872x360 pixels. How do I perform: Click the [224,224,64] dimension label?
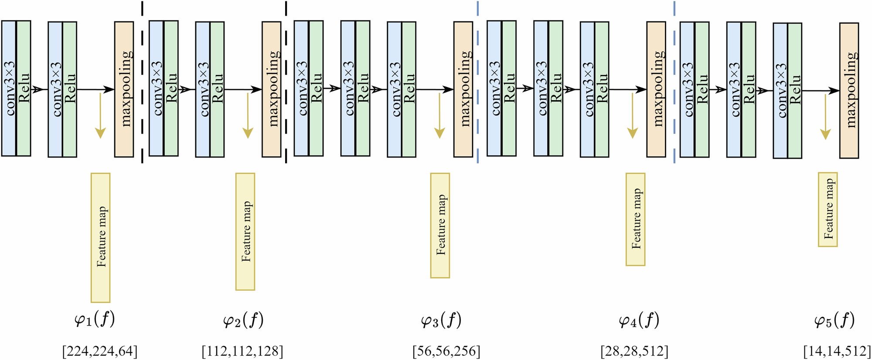[100, 351]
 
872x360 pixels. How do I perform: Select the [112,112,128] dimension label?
[242, 351]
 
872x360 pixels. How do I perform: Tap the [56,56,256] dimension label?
[446, 351]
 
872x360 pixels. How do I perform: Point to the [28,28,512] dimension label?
[634, 351]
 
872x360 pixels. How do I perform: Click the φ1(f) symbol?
[95, 320]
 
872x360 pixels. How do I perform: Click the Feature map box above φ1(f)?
[100, 238]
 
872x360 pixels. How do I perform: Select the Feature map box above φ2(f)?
[245, 231]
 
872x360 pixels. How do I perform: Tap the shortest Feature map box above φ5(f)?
[828, 210]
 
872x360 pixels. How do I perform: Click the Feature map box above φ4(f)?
[635, 219]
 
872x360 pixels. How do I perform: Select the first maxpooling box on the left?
[124, 89]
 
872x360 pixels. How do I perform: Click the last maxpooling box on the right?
[849, 91]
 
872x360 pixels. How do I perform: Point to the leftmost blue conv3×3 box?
[9, 88]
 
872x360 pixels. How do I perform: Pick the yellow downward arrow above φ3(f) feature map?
[439, 115]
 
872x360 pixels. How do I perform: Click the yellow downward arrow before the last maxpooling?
[825, 117]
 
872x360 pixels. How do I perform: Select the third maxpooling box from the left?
[463, 89]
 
